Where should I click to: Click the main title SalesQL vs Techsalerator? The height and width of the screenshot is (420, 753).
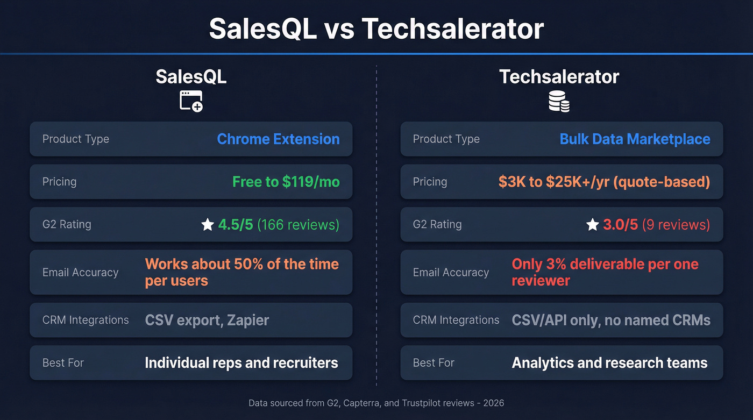click(376, 29)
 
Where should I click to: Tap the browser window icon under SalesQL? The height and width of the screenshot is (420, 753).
click(191, 101)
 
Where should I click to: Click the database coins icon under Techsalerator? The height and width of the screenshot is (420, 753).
click(559, 101)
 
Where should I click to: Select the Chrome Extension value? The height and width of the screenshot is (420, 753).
click(278, 139)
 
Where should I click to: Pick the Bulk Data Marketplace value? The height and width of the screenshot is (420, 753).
click(635, 139)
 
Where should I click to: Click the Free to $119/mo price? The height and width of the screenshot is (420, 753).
click(286, 182)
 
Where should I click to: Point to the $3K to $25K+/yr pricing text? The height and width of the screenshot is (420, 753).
click(604, 182)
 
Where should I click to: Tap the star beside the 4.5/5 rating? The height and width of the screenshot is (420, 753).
click(208, 225)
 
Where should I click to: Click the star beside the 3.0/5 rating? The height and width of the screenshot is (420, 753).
click(592, 225)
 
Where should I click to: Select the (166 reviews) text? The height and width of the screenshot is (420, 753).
click(298, 225)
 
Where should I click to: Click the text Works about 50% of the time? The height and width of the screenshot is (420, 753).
click(241, 265)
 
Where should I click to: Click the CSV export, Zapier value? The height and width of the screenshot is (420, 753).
click(207, 320)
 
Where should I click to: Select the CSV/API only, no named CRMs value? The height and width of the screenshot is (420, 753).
click(611, 320)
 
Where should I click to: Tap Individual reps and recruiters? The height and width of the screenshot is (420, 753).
click(241, 362)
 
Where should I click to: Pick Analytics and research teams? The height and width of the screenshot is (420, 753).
click(609, 362)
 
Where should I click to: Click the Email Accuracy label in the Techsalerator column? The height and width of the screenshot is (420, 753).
click(451, 272)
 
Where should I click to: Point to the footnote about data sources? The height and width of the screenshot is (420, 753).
click(376, 403)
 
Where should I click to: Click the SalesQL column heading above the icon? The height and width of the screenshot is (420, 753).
click(191, 76)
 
